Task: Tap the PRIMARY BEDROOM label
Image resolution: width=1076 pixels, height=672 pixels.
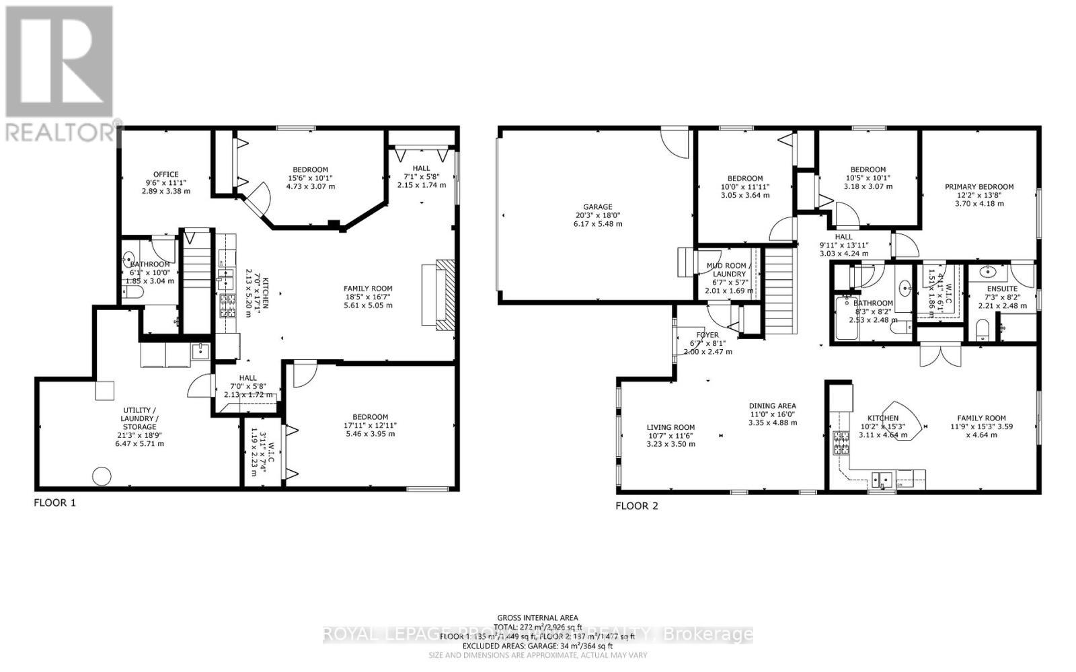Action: [978, 187]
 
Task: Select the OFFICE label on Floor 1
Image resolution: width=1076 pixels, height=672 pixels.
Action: [165, 174]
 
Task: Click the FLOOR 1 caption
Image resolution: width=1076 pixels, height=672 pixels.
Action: [55, 502]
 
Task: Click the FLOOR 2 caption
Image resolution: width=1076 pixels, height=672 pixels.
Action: [637, 506]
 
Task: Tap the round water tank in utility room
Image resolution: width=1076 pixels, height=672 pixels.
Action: [102, 476]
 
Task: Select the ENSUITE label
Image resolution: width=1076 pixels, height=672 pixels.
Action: [1002, 289]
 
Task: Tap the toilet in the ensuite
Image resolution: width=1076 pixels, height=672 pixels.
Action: [984, 330]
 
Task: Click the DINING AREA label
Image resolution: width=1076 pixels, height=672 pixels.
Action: [773, 406]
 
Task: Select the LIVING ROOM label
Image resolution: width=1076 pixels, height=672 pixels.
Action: [670, 427]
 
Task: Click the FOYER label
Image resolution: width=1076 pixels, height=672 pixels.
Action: [707, 334]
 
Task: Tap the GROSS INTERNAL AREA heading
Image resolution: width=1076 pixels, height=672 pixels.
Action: [537, 618]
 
